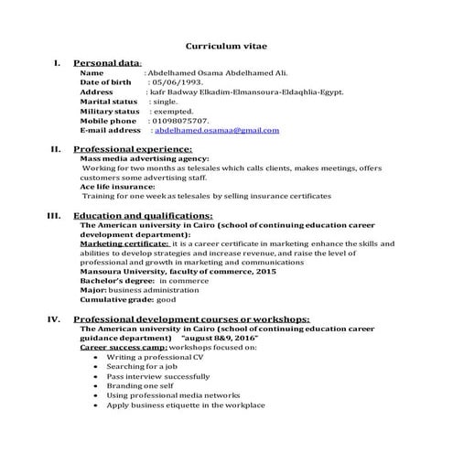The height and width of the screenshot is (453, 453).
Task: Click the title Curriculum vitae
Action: coord(227,44)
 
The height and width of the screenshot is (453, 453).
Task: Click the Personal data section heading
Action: coord(107,62)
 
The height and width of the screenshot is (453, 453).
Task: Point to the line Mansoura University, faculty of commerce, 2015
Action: coord(178,272)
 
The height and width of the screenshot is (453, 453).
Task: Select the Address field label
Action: coord(97,92)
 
